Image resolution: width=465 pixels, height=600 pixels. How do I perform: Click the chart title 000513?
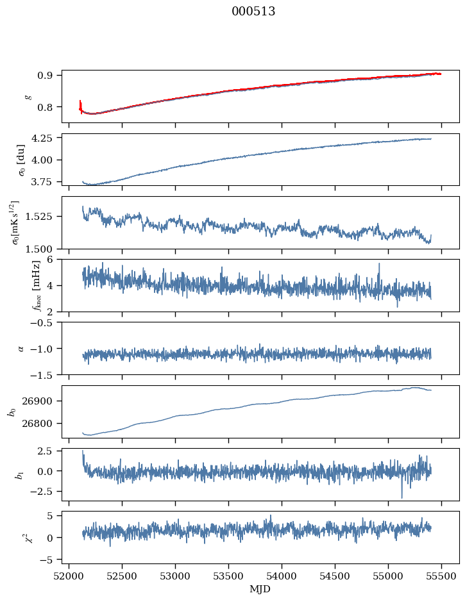pos(253,12)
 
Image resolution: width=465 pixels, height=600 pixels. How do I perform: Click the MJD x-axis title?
pos(260,589)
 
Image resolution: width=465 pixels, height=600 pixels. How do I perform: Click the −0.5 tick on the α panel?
pos(45,322)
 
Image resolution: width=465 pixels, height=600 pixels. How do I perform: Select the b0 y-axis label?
pos(12,412)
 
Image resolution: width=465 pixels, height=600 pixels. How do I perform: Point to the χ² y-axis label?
pos(12,537)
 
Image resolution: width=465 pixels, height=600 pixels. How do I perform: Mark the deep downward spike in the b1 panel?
pos(402,497)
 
